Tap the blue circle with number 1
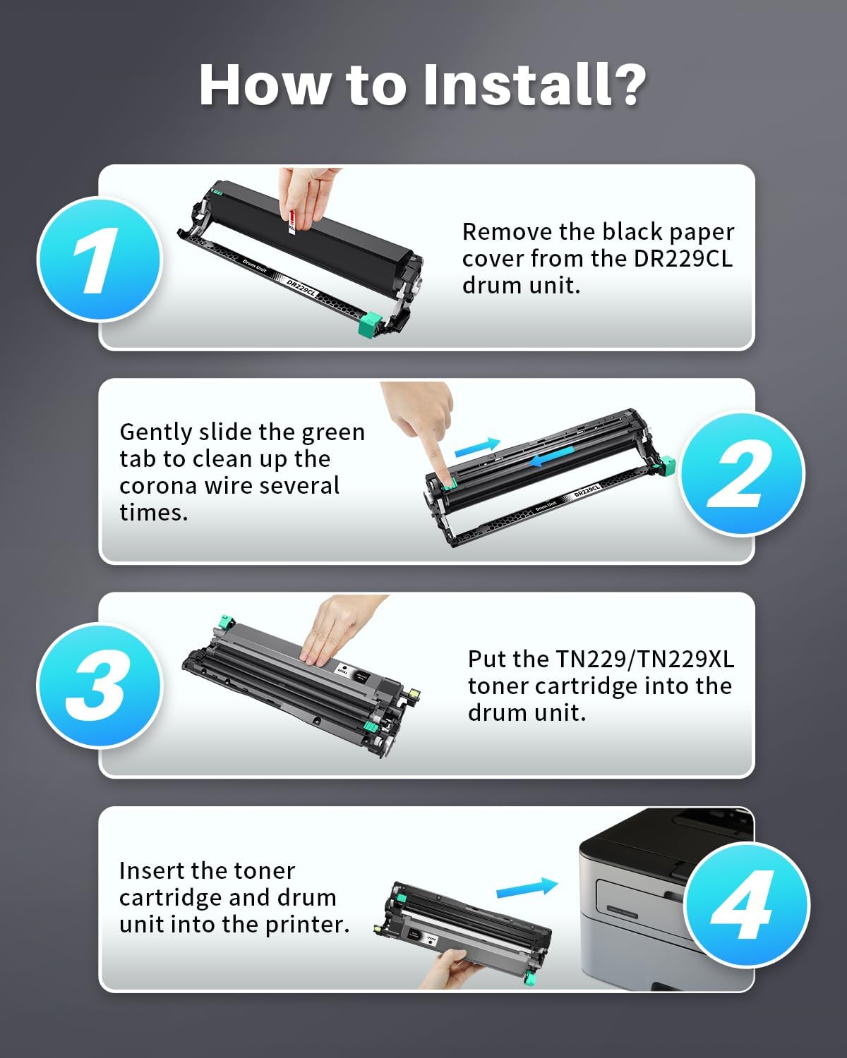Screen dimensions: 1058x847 (x=99, y=260)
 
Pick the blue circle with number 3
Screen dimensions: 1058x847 (x=99, y=686)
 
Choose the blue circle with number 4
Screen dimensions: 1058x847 (x=747, y=906)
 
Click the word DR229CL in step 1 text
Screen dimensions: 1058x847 (x=683, y=259)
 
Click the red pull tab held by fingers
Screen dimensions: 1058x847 (x=292, y=224)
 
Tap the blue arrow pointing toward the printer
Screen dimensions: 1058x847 (x=527, y=887)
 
